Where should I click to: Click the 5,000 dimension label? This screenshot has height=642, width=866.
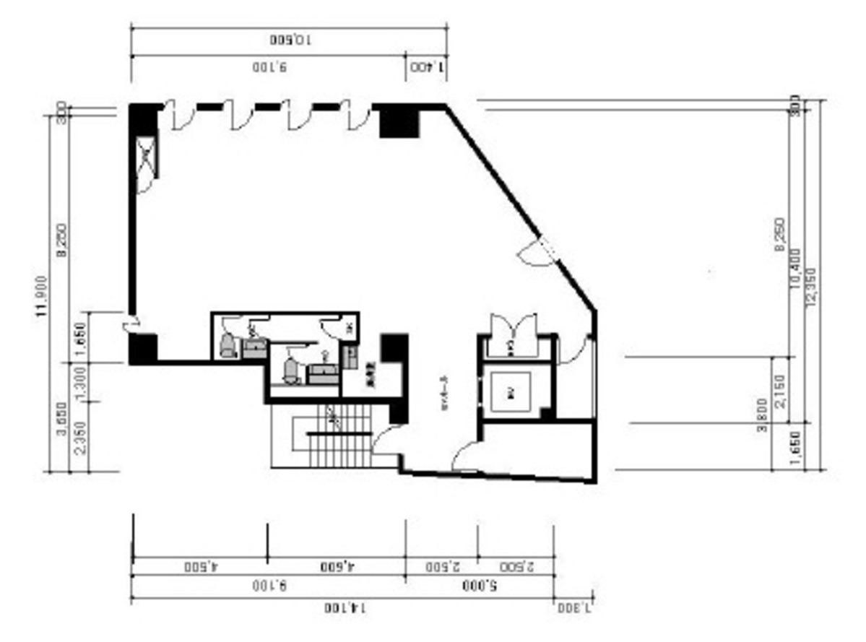[480, 584]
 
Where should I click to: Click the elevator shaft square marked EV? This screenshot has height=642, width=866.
[510, 393]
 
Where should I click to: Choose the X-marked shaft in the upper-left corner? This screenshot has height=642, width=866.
[145, 155]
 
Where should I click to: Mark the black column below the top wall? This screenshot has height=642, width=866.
[399, 121]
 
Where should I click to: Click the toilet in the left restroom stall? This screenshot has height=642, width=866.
[228, 345]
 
